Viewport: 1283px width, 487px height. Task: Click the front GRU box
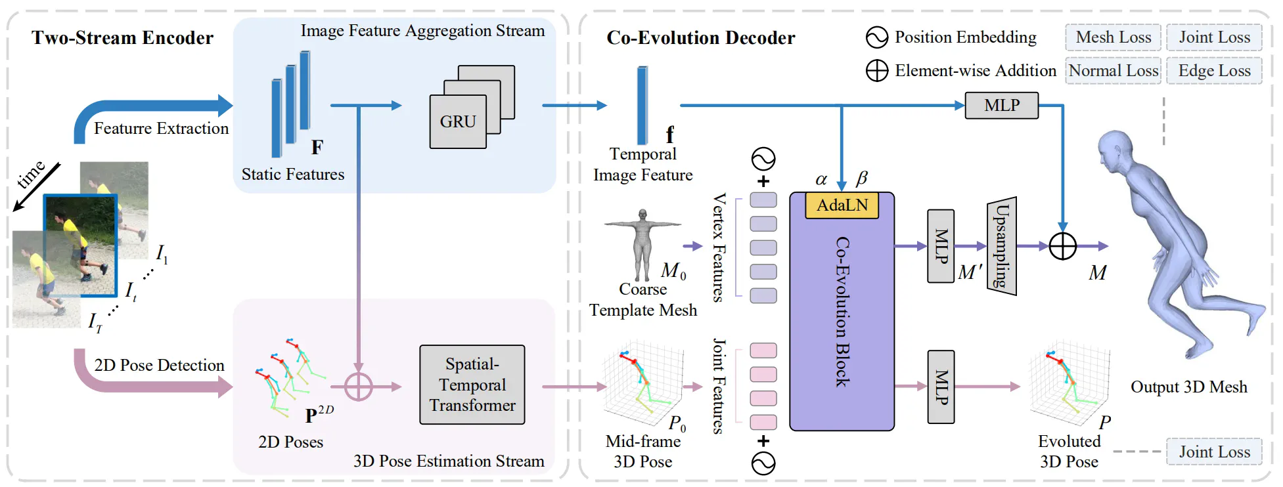click(x=458, y=122)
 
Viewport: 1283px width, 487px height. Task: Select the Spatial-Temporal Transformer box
click(x=472, y=385)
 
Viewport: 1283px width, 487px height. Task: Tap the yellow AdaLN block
click(x=842, y=205)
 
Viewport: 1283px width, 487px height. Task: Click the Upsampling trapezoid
click(x=1002, y=246)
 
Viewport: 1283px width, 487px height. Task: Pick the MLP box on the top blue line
click(x=1001, y=105)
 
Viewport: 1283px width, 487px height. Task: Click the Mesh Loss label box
click(x=1113, y=37)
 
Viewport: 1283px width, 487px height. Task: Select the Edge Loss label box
click(x=1214, y=71)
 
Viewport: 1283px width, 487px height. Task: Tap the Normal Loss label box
click(x=1113, y=71)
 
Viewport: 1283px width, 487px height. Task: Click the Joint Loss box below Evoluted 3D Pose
click(x=1214, y=452)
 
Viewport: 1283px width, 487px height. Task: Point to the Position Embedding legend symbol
click(x=877, y=37)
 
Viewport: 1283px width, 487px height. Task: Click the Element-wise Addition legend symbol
click(x=877, y=71)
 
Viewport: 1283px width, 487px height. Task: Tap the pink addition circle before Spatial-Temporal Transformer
click(x=359, y=387)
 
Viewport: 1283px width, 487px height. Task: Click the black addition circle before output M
click(x=1062, y=246)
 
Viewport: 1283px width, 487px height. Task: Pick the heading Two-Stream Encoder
click(x=122, y=38)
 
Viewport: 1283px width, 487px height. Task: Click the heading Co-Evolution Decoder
click(x=700, y=38)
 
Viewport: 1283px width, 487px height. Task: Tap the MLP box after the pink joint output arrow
click(x=941, y=387)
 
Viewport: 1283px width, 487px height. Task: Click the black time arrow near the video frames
click(x=37, y=187)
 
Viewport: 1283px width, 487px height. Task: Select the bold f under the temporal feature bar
click(x=669, y=135)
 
